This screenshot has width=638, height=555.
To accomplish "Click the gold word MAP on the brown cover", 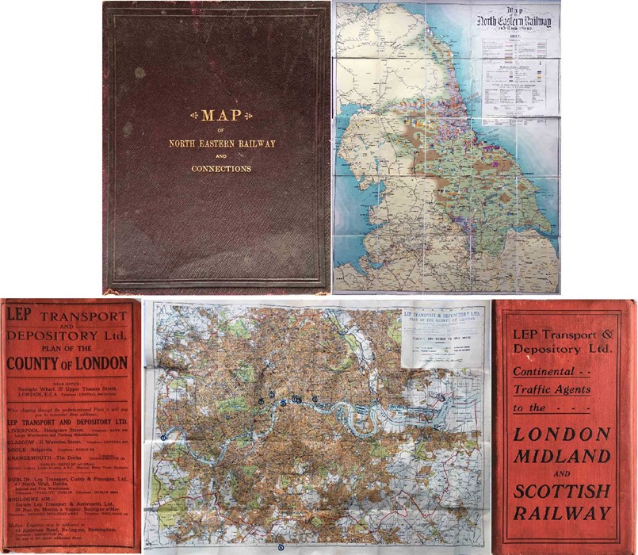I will [216, 116].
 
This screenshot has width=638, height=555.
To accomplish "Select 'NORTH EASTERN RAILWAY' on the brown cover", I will [216, 144].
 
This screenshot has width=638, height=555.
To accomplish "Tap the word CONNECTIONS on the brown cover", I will [216, 169].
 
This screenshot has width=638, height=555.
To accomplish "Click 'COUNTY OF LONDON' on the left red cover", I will [69, 364].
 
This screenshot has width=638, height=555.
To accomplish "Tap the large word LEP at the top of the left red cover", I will [22, 314].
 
